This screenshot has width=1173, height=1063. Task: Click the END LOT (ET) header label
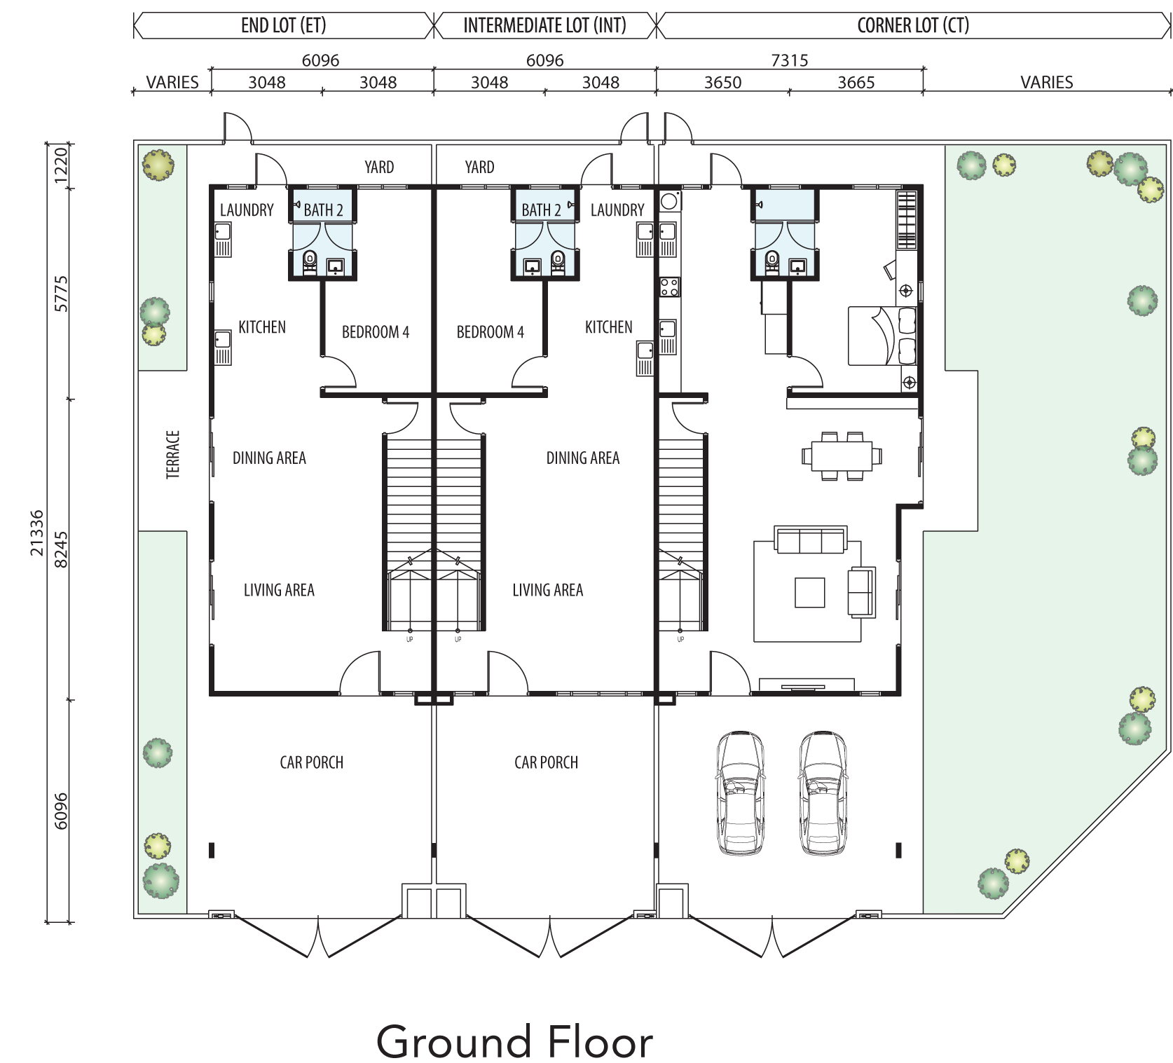(x=283, y=26)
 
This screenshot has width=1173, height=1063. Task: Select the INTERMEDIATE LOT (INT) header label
(x=544, y=26)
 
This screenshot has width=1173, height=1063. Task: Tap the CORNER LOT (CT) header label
(x=913, y=26)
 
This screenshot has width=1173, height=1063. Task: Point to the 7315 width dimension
(x=790, y=60)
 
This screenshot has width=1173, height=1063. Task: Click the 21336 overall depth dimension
(x=37, y=533)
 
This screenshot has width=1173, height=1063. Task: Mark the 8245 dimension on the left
(x=61, y=550)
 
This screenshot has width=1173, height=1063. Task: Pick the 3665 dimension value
(x=856, y=83)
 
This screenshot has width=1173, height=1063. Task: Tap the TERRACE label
(x=173, y=455)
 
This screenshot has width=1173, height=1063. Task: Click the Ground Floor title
(x=515, y=1042)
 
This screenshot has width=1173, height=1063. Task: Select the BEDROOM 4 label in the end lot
(x=376, y=332)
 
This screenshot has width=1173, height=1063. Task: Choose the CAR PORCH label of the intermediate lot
(x=547, y=762)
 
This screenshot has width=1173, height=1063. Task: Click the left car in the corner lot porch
(x=739, y=793)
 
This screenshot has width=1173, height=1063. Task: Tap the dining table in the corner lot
(x=842, y=456)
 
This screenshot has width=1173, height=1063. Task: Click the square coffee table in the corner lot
(x=809, y=592)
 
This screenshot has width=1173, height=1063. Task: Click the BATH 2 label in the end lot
(x=323, y=210)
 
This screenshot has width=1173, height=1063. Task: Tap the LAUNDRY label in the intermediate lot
(x=617, y=210)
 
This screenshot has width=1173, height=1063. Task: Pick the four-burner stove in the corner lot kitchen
(x=668, y=287)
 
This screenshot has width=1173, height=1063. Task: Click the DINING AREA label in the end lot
(x=269, y=458)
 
